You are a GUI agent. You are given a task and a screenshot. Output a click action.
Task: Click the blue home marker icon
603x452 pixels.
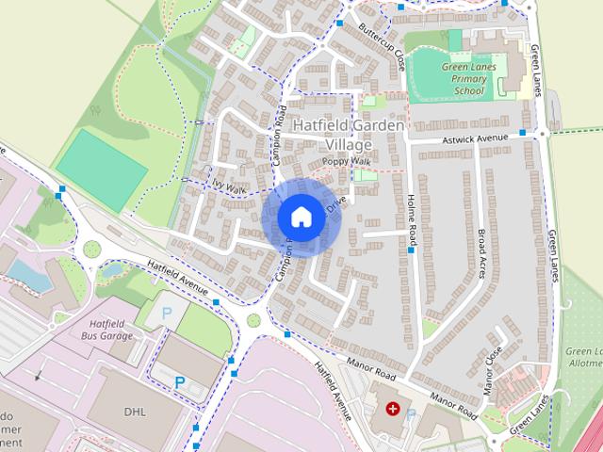[x=300, y=217]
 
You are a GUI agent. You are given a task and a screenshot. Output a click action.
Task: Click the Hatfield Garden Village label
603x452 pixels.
[x=348, y=135]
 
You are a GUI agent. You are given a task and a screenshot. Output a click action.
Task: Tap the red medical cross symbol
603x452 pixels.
[x=393, y=408]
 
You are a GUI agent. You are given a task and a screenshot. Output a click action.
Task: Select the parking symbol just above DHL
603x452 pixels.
[x=180, y=382]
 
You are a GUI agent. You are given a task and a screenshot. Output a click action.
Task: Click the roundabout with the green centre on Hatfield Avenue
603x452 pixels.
[x=91, y=250]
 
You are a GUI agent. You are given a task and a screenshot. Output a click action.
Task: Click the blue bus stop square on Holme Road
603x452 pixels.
[x=412, y=250]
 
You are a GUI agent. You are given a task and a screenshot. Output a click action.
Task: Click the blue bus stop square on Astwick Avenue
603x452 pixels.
[x=521, y=134]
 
